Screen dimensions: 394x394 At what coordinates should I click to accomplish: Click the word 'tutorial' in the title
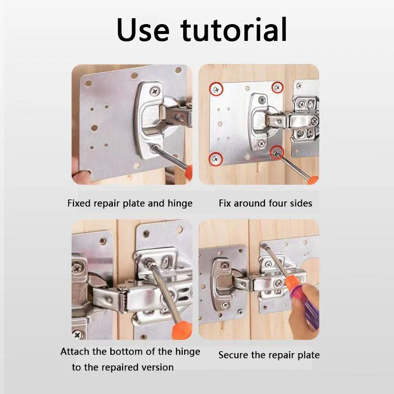pos(233,30)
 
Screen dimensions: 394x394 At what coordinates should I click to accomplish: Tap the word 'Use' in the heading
pos(143,30)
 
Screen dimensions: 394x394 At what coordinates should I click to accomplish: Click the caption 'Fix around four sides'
pos(265,203)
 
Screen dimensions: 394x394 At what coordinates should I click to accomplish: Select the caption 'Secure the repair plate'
pos(269,355)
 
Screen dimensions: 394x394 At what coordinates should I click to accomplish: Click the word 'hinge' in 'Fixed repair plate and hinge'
pos(180,203)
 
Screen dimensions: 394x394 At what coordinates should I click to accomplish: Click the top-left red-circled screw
pos(216,89)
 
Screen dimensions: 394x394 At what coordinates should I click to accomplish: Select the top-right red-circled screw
pos(277,88)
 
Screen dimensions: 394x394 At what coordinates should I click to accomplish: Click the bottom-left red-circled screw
pos(215,159)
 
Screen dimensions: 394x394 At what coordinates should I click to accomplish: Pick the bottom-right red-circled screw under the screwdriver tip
pos(276,153)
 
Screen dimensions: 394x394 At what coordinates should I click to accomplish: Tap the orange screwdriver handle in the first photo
pos(188,172)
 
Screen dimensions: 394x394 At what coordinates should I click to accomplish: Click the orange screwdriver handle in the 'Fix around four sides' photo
pos(313,180)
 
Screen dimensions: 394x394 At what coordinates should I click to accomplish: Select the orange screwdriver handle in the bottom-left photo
pos(182,330)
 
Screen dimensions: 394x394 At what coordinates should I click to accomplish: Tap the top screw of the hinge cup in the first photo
pos(155,91)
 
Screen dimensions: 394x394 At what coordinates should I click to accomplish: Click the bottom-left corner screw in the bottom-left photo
pos(78,334)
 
